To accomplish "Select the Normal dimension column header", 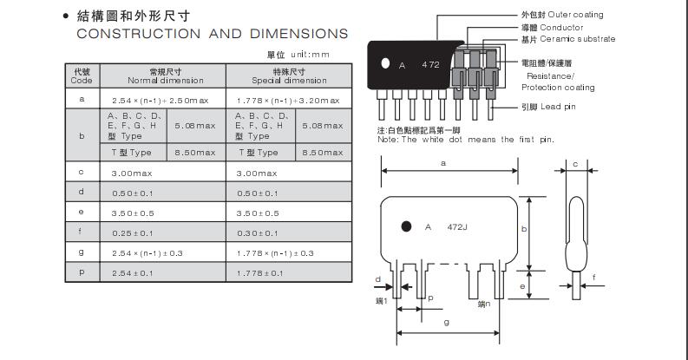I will pyautogui.click(x=163, y=75).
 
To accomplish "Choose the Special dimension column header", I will pyautogui.click(x=288, y=75).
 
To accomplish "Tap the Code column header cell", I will pyautogui.click(x=82, y=75).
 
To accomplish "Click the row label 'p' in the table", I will pyautogui.click(x=82, y=273).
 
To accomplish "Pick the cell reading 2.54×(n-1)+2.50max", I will pyautogui.click(x=163, y=100).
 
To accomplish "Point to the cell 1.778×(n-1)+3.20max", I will pyautogui.click(x=288, y=100).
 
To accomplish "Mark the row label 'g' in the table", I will pyautogui.click(x=82, y=252).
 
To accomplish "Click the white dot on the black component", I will pyautogui.click(x=383, y=64).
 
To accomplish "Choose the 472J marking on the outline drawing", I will pyautogui.click(x=458, y=227).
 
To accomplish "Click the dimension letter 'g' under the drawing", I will pyautogui.click(x=445, y=323).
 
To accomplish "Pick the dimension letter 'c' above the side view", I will pyautogui.click(x=575, y=163).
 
